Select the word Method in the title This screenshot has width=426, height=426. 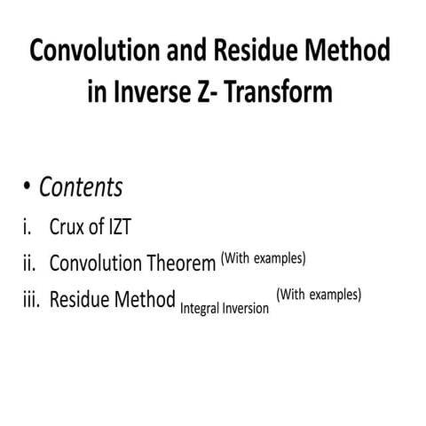[x=351, y=51]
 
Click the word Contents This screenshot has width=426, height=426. [x=81, y=188]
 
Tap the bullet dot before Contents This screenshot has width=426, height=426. [x=28, y=188]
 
